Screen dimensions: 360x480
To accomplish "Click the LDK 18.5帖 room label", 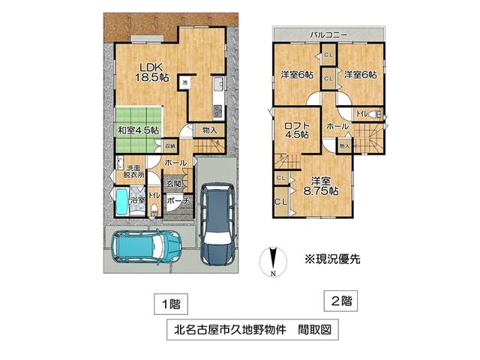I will tap(151, 70).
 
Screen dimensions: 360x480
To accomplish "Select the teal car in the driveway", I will tap(145, 245).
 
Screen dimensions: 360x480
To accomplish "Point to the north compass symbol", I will tap(273, 262).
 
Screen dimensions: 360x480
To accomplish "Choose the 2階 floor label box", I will tap(340, 301).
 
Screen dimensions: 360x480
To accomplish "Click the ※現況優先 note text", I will tap(332, 259).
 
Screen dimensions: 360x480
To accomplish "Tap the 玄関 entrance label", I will tap(174, 183).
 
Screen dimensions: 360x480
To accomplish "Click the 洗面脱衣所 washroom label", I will tap(135, 171).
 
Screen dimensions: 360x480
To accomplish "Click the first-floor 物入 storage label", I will tap(210, 130).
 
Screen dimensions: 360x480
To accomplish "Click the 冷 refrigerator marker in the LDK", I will tap(184, 81).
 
